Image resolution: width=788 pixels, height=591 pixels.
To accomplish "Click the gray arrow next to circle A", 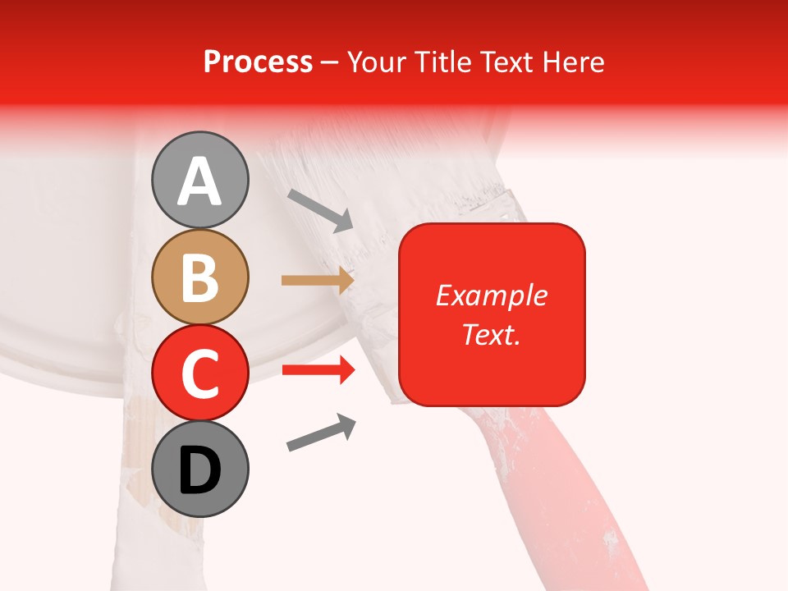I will point(320,210).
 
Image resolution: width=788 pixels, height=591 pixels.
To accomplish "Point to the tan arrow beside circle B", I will point(318,281).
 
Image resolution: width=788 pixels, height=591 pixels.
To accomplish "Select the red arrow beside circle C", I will point(318,371).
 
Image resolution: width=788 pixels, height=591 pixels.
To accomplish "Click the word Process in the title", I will point(258,62).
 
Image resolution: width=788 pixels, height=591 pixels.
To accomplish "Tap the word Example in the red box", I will point(491,295).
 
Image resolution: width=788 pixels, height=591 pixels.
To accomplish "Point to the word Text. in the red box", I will point(491,334).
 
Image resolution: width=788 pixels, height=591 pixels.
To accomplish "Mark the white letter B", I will point(199,277).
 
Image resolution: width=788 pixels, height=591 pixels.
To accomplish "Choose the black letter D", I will point(199,470).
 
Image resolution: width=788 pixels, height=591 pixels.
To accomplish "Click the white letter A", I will point(199,181).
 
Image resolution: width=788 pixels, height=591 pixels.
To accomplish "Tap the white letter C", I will point(199,373).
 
